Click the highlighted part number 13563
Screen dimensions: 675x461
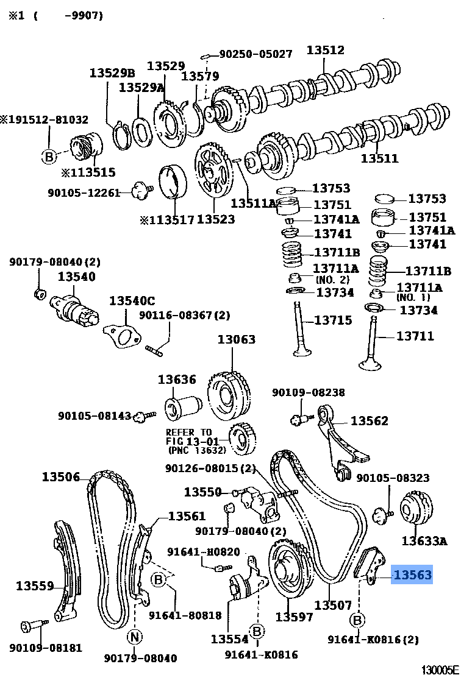412,574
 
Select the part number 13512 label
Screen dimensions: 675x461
325,51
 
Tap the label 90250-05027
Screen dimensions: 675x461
256,54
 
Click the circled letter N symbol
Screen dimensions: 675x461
134,637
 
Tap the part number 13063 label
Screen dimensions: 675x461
237,339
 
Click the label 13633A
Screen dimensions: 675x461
424,540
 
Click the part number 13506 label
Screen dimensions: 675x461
61,476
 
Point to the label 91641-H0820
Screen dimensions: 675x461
204,552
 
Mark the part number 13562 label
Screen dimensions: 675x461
370,420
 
